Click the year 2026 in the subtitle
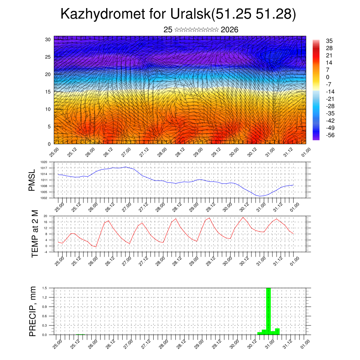[230, 30]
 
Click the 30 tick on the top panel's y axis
[48, 39]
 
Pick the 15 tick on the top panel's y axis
[48, 92]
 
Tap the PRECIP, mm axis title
[33, 311]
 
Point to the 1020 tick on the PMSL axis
[44, 162]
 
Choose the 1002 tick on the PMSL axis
[44, 198]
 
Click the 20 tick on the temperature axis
[45, 216]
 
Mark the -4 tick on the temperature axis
[45, 252]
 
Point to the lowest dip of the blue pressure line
[260, 196]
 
